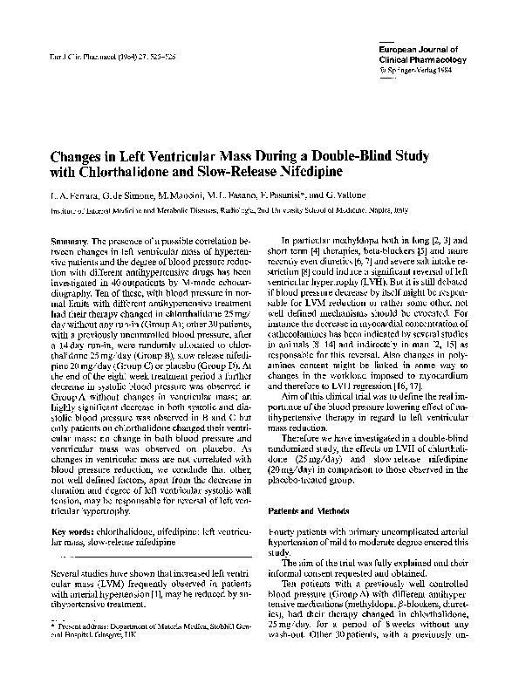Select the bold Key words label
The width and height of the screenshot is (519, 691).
pyautogui.click(x=73, y=531)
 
